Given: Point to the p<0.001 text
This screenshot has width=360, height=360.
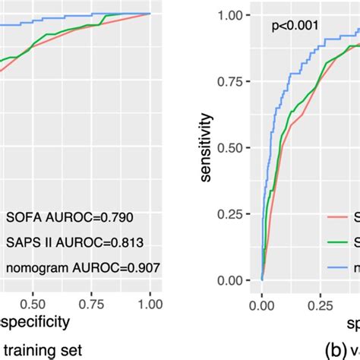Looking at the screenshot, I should coord(296,28).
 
